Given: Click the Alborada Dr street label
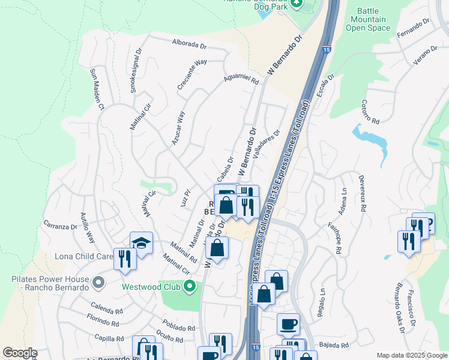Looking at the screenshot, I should click(x=190, y=43).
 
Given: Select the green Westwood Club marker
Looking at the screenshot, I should click(x=190, y=286).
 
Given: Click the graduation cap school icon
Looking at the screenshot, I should click(x=141, y=243).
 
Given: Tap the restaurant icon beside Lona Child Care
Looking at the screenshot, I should click(x=124, y=258).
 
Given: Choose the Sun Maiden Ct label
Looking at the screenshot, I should click(x=97, y=88).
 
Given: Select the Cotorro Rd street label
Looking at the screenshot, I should click(x=370, y=112).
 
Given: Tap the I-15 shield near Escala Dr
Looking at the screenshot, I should click(x=326, y=48).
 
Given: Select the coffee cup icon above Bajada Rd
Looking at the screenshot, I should click(x=288, y=323).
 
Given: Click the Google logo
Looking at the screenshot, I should click(x=20, y=353).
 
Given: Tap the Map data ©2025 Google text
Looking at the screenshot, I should click(x=411, y=355).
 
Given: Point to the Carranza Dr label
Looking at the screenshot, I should click(x=60, y=227).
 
